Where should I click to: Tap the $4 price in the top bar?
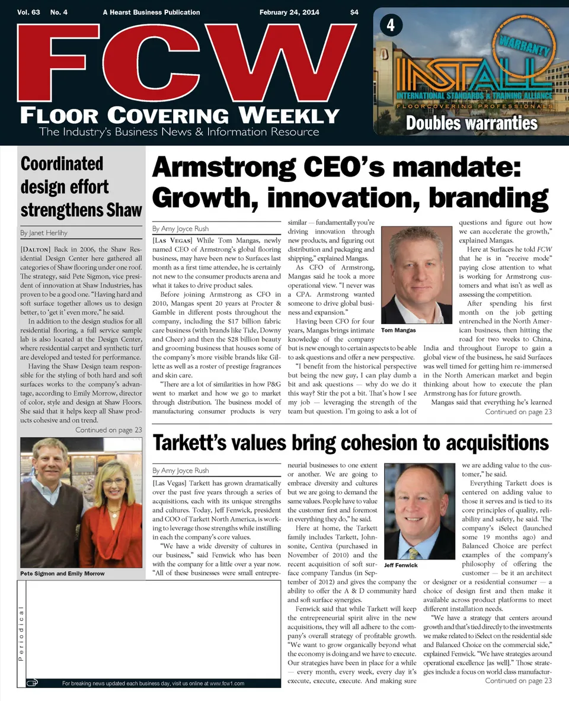click(354, 12)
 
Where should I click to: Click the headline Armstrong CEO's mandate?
click(337, 168)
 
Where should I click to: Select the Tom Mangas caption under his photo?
click(398, 330)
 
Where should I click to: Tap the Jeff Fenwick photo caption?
click(401, 565)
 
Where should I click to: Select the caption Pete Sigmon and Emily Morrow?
click(62, 574)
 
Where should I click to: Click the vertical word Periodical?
click(21, 634)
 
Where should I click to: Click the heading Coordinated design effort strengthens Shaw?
click(81, 187)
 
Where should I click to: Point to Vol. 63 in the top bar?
click(29, 12)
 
